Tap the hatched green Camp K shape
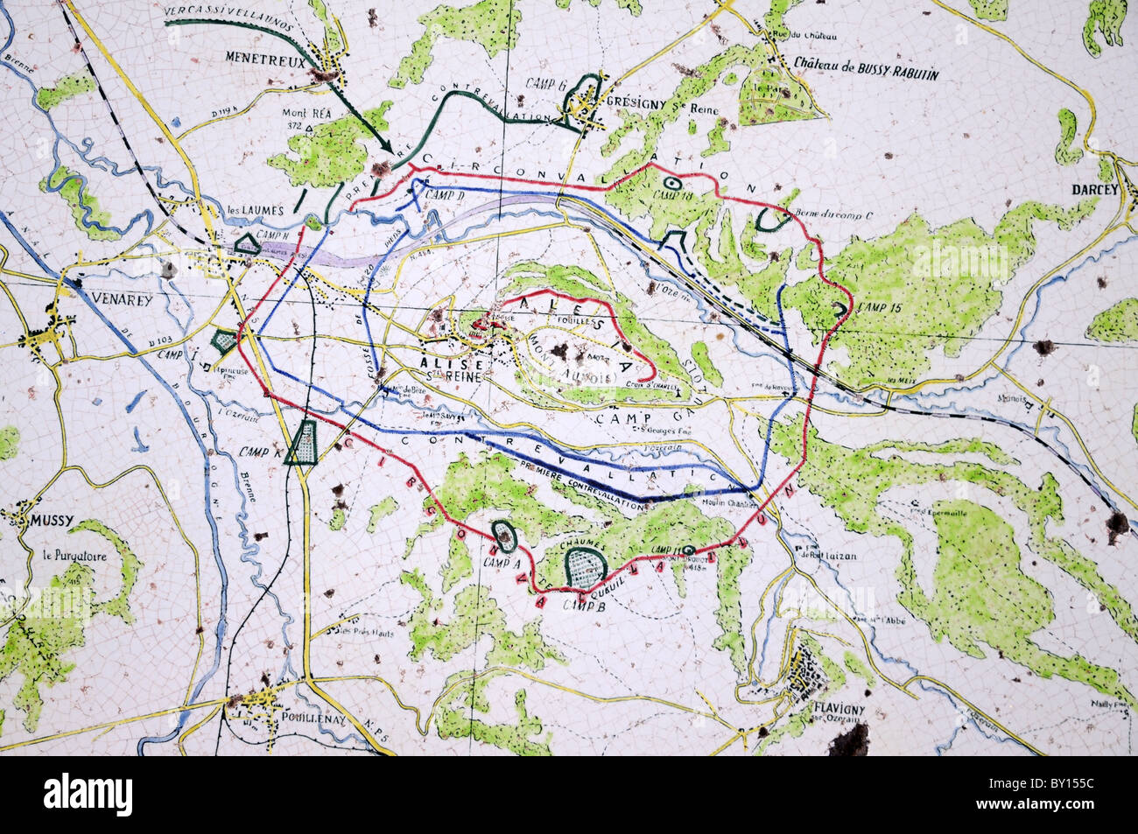pos(306,441)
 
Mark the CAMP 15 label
pos(878,307)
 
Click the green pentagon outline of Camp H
pos(249,244)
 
